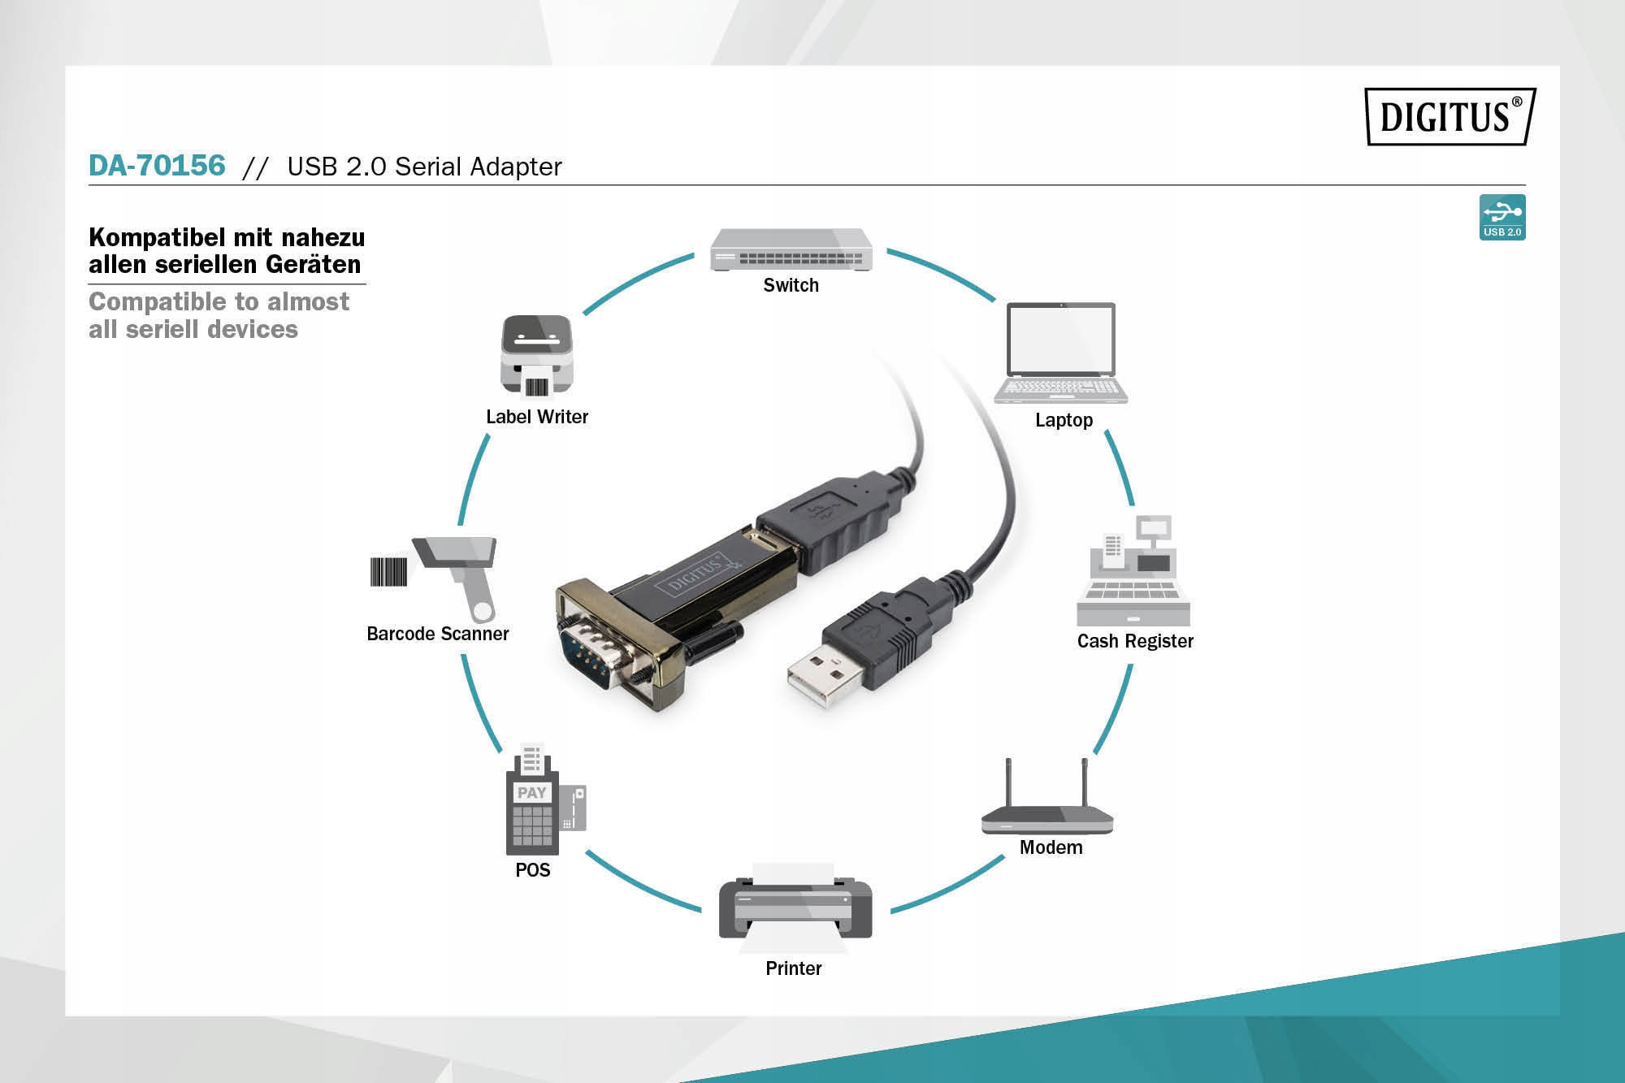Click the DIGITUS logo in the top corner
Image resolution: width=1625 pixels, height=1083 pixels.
coord(1450,116)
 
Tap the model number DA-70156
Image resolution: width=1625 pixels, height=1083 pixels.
coord(157,165)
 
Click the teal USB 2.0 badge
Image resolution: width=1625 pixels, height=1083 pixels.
coord(1502,217)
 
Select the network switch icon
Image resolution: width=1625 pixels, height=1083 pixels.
coord(791,249)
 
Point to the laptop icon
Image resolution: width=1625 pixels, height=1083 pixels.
coord(1061,353)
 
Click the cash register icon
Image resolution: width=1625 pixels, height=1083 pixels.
coord(1133,570)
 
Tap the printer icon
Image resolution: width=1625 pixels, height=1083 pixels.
coord(795,908)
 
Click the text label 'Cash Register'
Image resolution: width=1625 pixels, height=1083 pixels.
coord(1135,641)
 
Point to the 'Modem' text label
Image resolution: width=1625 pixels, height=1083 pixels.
coord(1051,847)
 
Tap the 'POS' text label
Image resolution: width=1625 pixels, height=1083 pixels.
coord(533,870)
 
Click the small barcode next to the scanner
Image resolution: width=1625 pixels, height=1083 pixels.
coord(388,572)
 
